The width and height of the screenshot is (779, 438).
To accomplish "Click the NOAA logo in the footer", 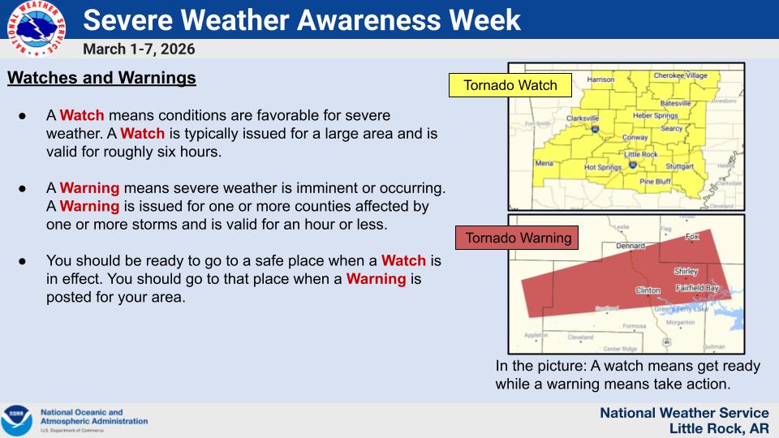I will (x=17, y=420).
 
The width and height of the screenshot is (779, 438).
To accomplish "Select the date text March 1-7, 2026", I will (x=139, y=49).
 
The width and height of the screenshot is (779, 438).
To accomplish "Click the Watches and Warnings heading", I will (x=101, y=79).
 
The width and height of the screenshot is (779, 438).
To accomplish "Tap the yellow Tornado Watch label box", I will (x=510, y=85).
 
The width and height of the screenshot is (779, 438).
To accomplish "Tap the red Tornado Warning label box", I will (x=517, y=238).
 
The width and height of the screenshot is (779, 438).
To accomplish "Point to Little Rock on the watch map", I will (x=641, y=154).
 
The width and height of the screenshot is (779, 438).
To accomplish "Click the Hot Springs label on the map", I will (x=601, y=167).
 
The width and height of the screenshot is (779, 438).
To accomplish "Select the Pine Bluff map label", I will (x=655, y=182).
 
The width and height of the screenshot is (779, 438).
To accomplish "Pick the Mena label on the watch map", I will (x=544, y=163).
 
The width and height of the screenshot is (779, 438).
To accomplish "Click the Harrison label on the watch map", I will (x=600, y=80).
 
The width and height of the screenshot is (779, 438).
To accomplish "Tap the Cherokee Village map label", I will (x=680, y=75).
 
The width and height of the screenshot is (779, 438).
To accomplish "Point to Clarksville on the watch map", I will (x=582, y=118).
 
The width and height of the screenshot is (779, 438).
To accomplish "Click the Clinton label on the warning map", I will (x=648, y=290).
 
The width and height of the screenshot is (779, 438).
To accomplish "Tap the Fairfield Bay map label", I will (x=696, y=288).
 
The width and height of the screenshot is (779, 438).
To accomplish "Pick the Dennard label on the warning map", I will (x=631, y=245).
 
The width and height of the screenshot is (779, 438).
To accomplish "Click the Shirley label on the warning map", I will (x=686, y=272).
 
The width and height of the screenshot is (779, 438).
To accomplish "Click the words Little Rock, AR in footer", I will (x=719, y=428).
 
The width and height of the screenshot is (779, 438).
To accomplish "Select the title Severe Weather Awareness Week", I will (x=302, y=19).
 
